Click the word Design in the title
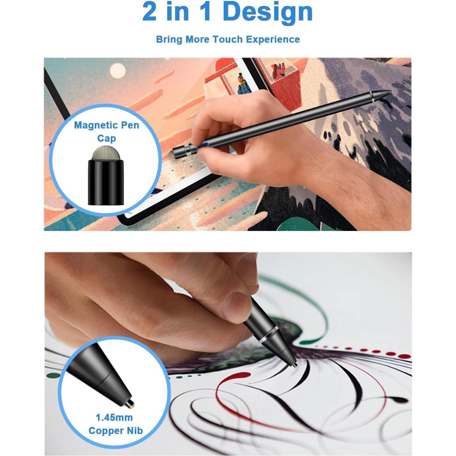click(x=267, y=12)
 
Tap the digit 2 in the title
click(x=149, y=12)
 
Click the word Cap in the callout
click(x=106, y=138)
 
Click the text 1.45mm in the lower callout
click(x=114, y=417)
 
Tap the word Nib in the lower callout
click(x=135, y=431)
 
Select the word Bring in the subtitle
click(x=169, y=39)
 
